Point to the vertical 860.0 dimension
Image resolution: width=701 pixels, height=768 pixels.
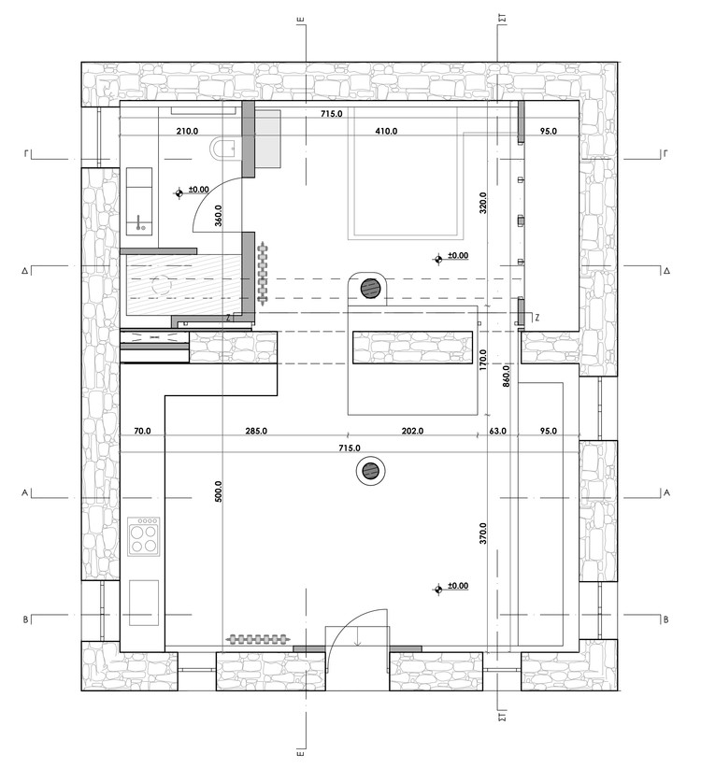507,374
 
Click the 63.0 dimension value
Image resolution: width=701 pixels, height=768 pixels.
497,432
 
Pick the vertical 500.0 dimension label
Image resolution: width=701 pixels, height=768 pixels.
218,492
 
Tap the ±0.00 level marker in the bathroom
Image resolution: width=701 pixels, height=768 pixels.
180,193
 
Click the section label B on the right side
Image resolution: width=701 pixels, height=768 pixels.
665,619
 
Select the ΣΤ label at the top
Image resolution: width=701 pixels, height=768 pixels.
502,17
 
